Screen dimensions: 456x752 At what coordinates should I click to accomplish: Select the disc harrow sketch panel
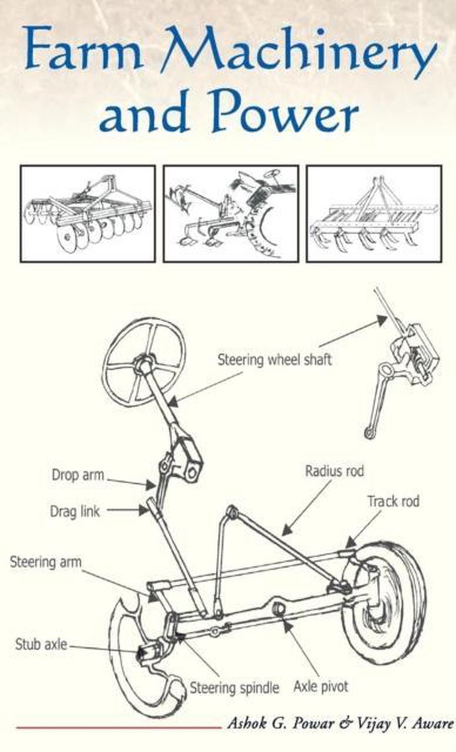point(88,214)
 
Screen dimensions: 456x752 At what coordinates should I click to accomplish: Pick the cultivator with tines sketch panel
point(374,214)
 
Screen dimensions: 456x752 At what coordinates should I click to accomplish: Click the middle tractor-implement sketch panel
point(231,214)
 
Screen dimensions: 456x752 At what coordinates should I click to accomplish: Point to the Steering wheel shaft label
point(275,360)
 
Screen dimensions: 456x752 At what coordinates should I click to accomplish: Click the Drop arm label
point(78,476)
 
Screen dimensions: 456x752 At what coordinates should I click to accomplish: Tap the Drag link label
point(75,511)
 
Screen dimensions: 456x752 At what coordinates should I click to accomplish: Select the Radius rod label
point(334,471)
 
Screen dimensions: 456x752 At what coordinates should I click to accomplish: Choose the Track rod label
point(393,501)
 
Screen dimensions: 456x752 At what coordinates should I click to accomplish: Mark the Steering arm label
point(46,562)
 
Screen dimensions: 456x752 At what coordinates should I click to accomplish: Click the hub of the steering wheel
point(145,362)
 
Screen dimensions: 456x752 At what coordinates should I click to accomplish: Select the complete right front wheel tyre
point(384,603)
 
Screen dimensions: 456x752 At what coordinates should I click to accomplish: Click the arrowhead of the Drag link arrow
point(144,511)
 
